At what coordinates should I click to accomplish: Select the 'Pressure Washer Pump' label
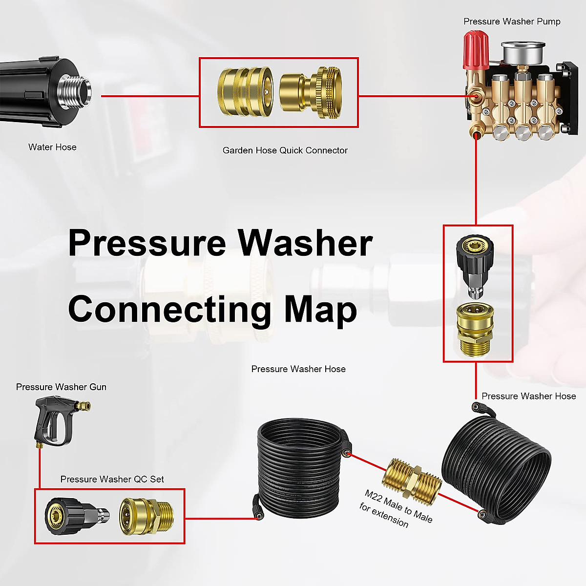pyautogui.click(x=511, y=21)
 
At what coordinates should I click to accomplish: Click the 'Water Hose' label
pyautogui.click(x=52, y=147)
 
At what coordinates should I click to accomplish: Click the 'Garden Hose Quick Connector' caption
pyautogui.click(x=285, y=150)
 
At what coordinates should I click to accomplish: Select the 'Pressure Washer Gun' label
pyautogui.click(x=61, y=387)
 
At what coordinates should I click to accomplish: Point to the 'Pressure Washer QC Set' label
pyautogui.click(x=112, y=479)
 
